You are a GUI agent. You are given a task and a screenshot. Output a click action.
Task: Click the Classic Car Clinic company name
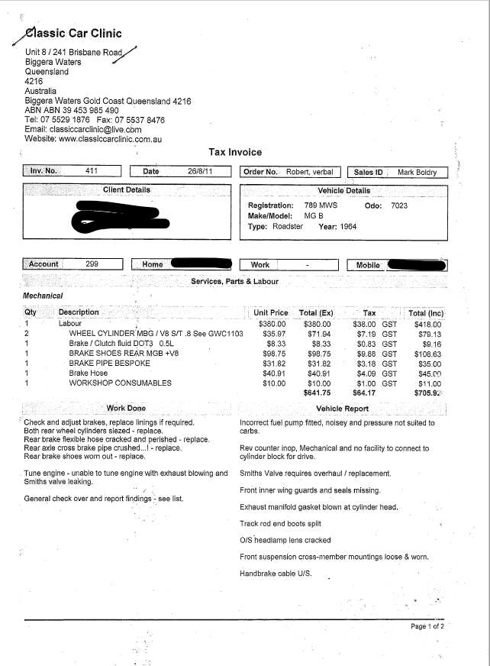[74, 34]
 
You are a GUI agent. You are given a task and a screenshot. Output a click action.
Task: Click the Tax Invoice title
[234, 152]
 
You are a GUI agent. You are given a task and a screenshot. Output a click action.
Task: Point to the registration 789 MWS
[316, 205]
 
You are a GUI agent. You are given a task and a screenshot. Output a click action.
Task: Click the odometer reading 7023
[399, 205]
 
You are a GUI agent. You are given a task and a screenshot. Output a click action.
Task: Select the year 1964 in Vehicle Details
[348, 226]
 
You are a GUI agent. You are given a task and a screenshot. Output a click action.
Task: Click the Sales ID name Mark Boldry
[417, 173]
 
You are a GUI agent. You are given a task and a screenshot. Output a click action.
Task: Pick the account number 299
[92, 264]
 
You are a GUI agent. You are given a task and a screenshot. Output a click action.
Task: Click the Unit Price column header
[271, 313]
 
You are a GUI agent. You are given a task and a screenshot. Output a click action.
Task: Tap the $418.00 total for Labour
[426, 324]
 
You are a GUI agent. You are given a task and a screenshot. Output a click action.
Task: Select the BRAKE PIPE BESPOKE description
[109, 364]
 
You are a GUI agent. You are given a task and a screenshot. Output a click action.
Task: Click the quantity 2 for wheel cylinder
[27, 334]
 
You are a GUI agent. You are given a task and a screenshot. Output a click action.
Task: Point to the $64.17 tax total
[364, 393]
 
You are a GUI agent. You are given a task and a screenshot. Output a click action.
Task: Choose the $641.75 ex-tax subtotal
[318, 393]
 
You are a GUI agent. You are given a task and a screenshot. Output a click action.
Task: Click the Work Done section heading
[126, 409]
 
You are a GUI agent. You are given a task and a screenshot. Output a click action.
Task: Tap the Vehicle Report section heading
[342, 409]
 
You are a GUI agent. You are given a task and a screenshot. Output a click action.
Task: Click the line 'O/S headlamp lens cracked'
[285, 540]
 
